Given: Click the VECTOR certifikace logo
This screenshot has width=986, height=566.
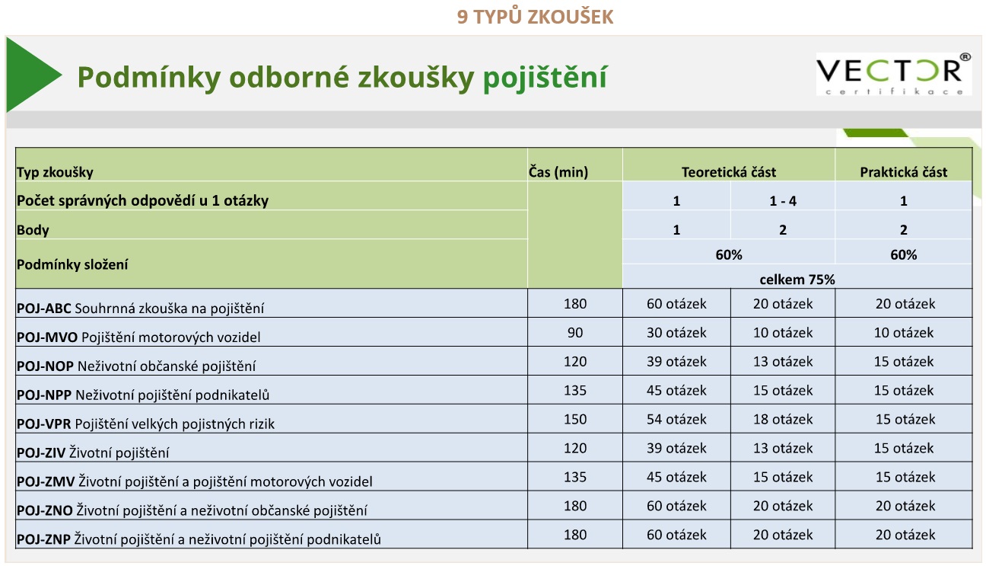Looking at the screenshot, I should (x=893, y=74).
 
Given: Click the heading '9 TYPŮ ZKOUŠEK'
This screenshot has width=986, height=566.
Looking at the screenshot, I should (x=535, y=17).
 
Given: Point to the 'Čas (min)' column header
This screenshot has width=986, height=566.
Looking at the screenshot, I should (x=558, y=172).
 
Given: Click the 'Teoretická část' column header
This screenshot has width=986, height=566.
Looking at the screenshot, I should (x=728, y=172).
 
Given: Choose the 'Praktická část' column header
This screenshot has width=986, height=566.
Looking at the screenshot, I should (x=903, y=172).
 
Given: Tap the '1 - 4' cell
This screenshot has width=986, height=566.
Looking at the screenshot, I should (x=782, y=201).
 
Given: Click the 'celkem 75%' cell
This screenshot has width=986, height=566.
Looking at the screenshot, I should (x=797, y=280).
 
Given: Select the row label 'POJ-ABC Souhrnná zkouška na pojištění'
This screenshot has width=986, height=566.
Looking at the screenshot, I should (x=141, y=309).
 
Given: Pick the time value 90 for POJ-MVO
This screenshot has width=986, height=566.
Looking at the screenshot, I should (x=575, y=333).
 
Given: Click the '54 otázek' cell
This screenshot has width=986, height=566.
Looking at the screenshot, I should (x=676, y=420).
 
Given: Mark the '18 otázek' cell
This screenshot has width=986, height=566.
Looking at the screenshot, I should (x=782, y=420).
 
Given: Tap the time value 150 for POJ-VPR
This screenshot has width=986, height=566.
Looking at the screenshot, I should (x=575, y=420).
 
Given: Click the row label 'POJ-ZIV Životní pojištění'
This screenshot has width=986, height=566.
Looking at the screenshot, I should (x=93, y=453).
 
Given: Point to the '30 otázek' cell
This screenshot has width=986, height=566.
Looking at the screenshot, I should (x=676, y=333).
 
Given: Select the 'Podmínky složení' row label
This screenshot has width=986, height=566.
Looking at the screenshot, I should (x=72, y=265).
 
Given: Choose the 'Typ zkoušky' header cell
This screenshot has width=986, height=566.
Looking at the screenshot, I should (x=55, y=173).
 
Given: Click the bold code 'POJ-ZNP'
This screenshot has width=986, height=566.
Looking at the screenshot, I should (x=43, y=540).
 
